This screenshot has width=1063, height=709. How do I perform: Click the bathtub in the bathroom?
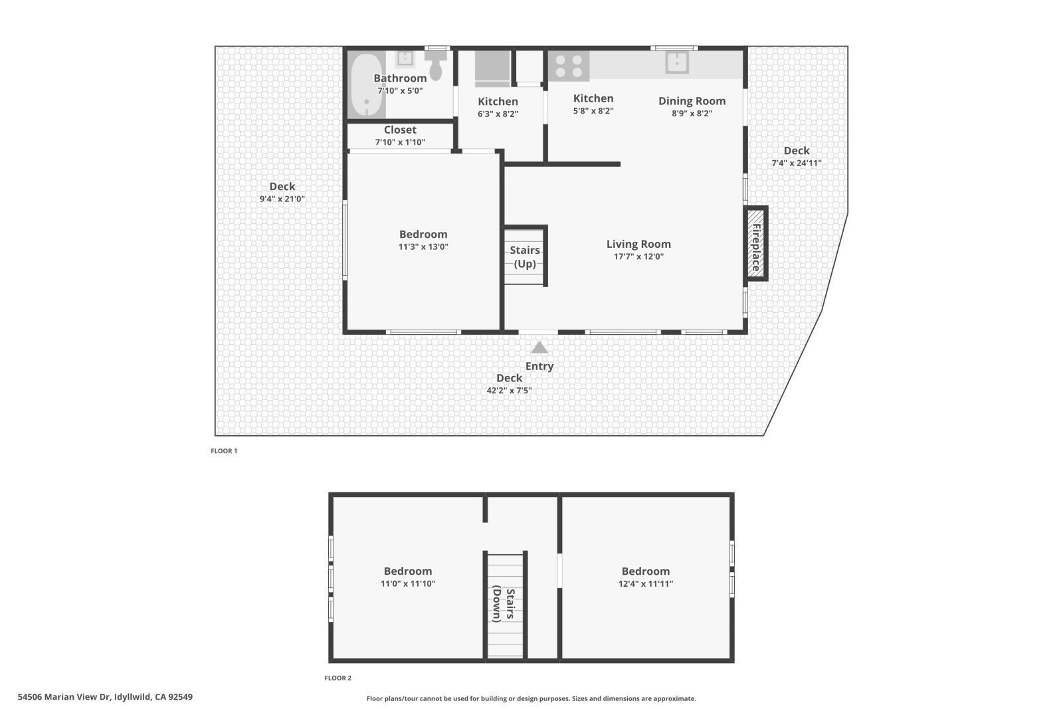click(365, 85)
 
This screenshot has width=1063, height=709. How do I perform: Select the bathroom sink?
click(405, 58)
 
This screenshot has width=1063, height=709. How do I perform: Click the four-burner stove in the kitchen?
click(569, 66)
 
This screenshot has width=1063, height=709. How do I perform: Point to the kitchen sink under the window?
click(677, 62)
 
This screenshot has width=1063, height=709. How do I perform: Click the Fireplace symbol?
click(755, 243)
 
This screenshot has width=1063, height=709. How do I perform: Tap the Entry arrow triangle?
click(539, 348)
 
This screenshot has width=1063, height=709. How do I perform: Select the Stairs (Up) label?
click(525, 256)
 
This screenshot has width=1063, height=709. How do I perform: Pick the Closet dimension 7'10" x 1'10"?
click(400, 142)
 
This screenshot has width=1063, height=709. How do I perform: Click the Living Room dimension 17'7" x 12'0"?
click(638, 256)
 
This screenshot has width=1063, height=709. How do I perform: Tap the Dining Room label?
click(692, 101)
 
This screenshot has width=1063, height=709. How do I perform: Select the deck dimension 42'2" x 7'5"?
click(509, 391)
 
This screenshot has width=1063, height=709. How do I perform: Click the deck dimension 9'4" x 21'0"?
click(282, 199)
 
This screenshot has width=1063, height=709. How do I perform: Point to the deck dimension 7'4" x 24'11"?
click(796, 163)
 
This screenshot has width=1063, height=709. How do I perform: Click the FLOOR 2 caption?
click(338, 678)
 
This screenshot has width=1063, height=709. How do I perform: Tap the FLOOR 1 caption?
click(224, 451)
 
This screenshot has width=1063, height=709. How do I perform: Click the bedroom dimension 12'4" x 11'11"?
click(645, 584)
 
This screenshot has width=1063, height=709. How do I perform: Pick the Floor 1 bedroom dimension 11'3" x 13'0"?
click(423, 247)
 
